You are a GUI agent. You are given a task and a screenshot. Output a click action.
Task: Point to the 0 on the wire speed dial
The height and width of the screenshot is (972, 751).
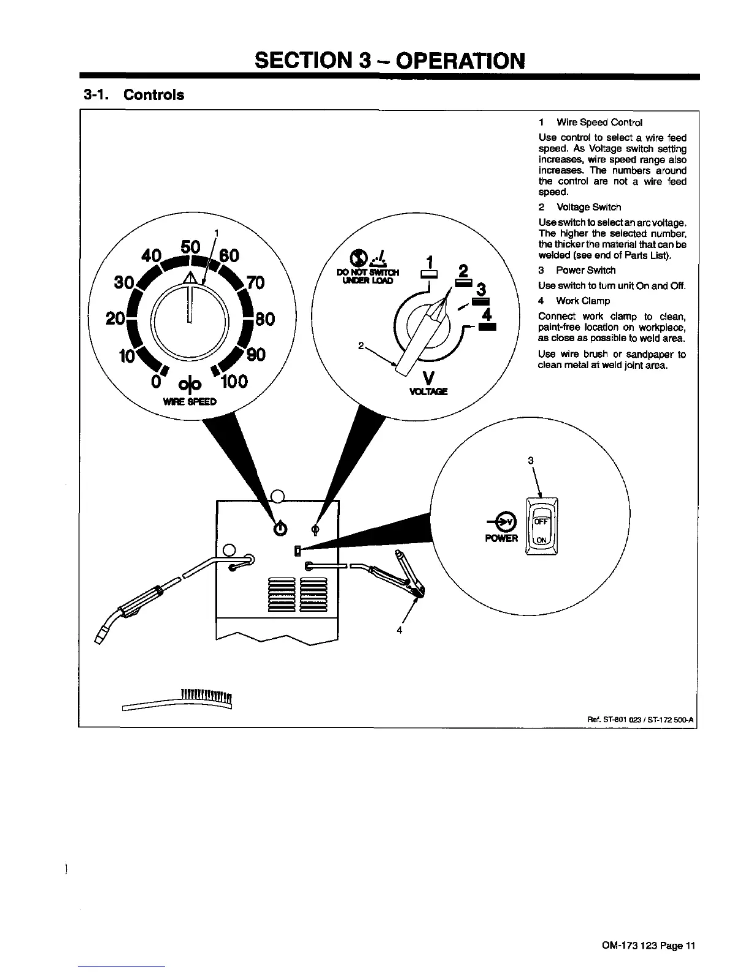tap(156, 382)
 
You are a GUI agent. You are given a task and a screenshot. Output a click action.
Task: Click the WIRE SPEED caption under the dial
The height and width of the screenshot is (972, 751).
tap(190, 402)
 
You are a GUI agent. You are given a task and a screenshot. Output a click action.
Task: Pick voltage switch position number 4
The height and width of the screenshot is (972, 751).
tap(487, 314)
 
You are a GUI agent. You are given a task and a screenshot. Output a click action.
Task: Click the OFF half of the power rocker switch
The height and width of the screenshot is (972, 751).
tap(541, 522)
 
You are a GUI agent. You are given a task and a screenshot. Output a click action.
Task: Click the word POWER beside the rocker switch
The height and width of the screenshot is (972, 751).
tap(502, 538)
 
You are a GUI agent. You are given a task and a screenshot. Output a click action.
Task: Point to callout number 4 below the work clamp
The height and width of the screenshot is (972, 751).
tap(399, 630)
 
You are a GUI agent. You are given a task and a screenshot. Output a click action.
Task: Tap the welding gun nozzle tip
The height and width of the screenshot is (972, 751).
tap(101, 635)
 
